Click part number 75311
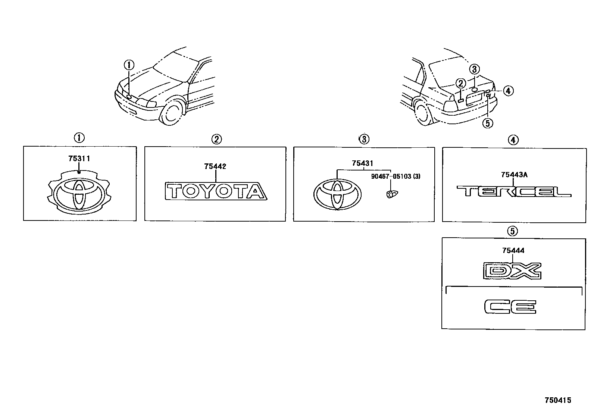tap(79, 159)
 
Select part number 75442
tap(215, 167)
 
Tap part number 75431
tap(362, 163)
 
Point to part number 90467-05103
tap(391, 176)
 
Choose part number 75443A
tap(514, 175)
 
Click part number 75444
tap(513, 251)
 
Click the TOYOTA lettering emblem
tap(216, 191)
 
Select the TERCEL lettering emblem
tap(514, 192)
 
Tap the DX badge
tap(512, 271)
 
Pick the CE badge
tap(510, 307)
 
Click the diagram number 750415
tap(557, 400)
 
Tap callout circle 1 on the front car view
tap(129, 65)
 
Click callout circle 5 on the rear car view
tap(488, 123)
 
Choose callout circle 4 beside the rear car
tap(508, 90)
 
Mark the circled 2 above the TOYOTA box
tap(216, 139)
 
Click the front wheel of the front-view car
tap(172, 112)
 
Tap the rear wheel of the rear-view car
tap(422, 113)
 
